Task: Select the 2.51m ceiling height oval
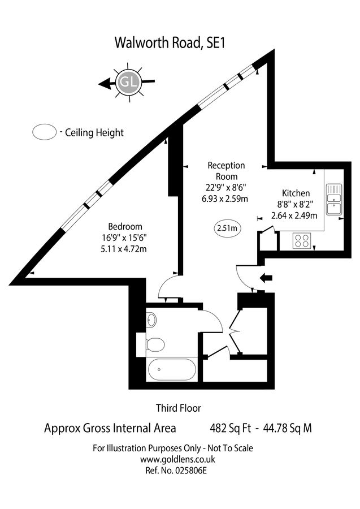[x=228, y=229]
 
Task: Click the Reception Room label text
[x=226, y=171]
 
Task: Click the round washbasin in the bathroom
[x=151, y=320]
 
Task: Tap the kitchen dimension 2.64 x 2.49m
[x=294, y=215]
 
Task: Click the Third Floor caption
[x=178, y=407]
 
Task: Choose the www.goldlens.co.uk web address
[x=172, y=459]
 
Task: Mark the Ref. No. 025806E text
[x=173, y=470]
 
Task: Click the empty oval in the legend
[x=44, y=132]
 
